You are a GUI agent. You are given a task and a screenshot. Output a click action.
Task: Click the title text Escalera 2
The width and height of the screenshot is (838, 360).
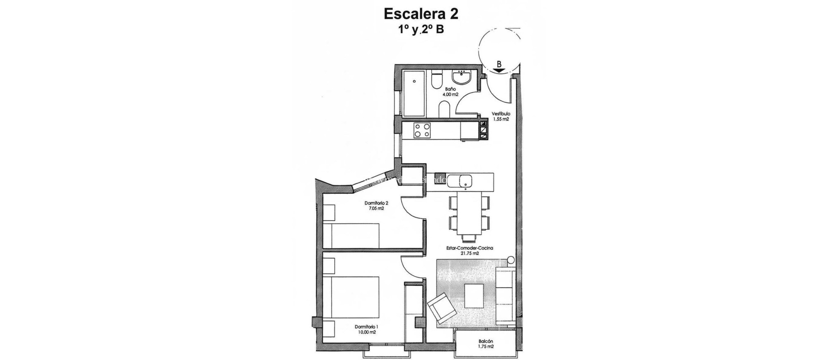coord(421,14)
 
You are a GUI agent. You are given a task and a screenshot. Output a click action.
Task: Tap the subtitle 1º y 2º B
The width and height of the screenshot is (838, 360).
coord(421,29)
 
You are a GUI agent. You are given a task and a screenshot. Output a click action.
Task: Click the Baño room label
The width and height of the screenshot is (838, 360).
coord(450,89)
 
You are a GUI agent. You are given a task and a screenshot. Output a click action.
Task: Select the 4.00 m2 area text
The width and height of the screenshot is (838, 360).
coord(450,94)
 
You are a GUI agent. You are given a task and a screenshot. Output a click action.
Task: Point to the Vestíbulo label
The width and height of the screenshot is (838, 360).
coord(501,114)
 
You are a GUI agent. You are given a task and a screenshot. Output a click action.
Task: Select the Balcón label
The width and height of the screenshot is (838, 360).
coord(485,341)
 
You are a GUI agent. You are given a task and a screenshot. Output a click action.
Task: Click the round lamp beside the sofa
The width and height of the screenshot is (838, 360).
coord(511,260)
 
